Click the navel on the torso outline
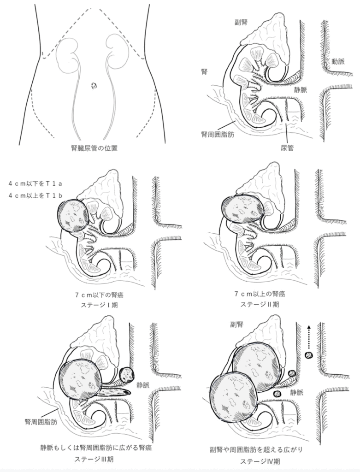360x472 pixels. (x=94, y=86)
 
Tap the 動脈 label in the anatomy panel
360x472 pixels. (x=338, y=61)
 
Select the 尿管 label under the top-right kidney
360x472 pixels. (x=287, y=148)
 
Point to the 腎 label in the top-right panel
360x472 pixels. (x=204, y=71)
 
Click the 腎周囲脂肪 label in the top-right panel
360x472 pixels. (x=218, y=134)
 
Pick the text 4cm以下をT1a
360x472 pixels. (x=35, y=183)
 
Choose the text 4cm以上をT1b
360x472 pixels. (x=35, y=195)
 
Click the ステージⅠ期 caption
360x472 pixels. (x=99, y=305)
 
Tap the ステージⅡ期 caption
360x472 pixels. (x=260, y=304)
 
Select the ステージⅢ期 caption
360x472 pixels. (x=94, y=460)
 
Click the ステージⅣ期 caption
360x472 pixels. (x=260, y=461)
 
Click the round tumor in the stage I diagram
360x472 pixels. (x=73, y=216)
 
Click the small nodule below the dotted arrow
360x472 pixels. (x=308, y=355)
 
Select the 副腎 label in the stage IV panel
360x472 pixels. (x=236, y=324)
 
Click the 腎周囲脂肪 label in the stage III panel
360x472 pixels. (x=41, y=422)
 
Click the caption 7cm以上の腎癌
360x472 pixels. (x=260, y=293)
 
